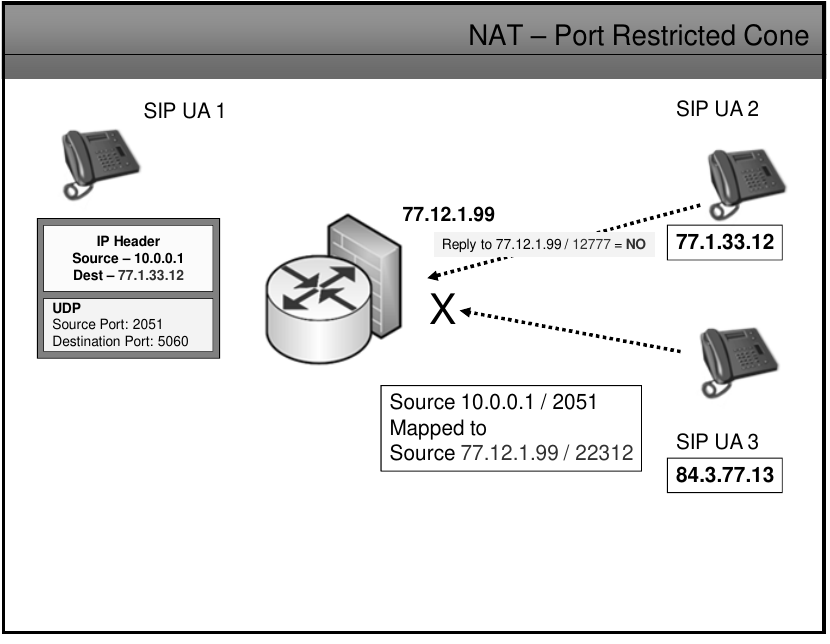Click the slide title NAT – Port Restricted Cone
click(638, 36)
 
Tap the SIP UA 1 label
click(184, 111)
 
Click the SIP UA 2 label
click(717, 109)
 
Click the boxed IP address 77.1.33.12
click(725, 243)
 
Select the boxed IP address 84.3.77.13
click(724, 475)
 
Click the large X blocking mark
click(443, 311)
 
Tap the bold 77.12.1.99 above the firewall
click(448, 214)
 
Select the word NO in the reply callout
click(636, 244)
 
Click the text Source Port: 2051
click(108, 325)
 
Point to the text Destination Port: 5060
click(120, 342)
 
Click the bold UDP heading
click(66, 309)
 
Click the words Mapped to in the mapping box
click(438, 428)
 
